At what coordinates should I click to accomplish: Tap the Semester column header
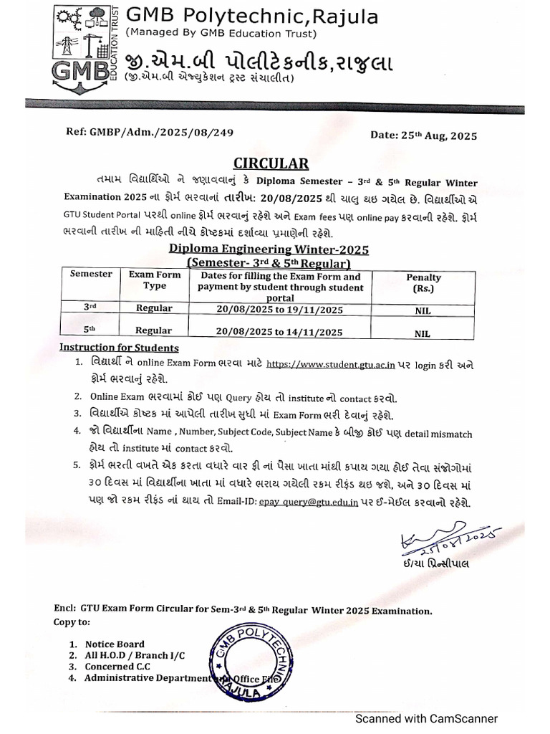coord(91,274)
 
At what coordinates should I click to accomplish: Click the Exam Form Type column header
coord(154,280)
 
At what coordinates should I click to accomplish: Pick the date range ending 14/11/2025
coord(280,331)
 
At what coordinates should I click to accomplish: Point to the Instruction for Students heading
coord(119,348)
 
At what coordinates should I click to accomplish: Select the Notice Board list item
coord(115,644)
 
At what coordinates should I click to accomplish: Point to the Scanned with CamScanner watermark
coord(428,718)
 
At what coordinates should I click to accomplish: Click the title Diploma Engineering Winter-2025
coord(269,249)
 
